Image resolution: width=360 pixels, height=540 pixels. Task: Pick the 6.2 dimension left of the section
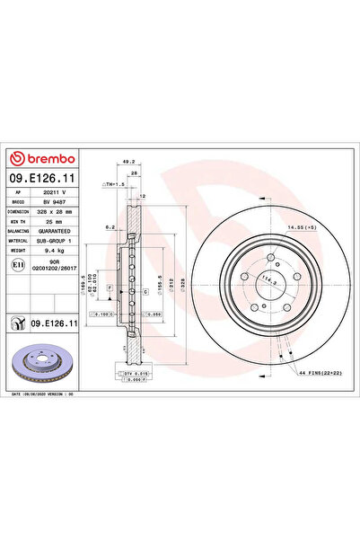pyautogui.click(x=109, y=227)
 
